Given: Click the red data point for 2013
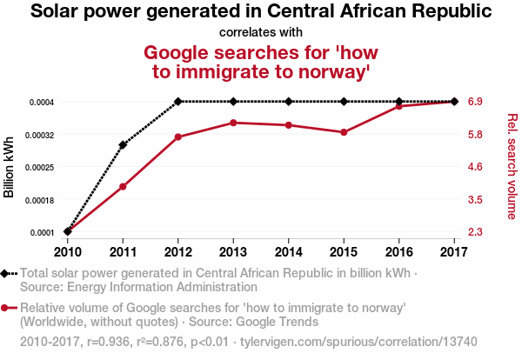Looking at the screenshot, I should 233,123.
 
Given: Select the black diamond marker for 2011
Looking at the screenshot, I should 123,145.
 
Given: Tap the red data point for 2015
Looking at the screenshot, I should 344,132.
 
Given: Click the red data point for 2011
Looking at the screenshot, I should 123,187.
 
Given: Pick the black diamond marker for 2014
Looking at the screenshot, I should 289,102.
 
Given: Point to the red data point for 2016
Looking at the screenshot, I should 399,106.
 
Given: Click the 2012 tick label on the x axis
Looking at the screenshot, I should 177,252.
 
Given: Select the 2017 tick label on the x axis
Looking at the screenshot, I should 454,252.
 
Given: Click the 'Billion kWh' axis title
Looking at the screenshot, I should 10,167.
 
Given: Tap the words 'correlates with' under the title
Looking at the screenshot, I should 261,32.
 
